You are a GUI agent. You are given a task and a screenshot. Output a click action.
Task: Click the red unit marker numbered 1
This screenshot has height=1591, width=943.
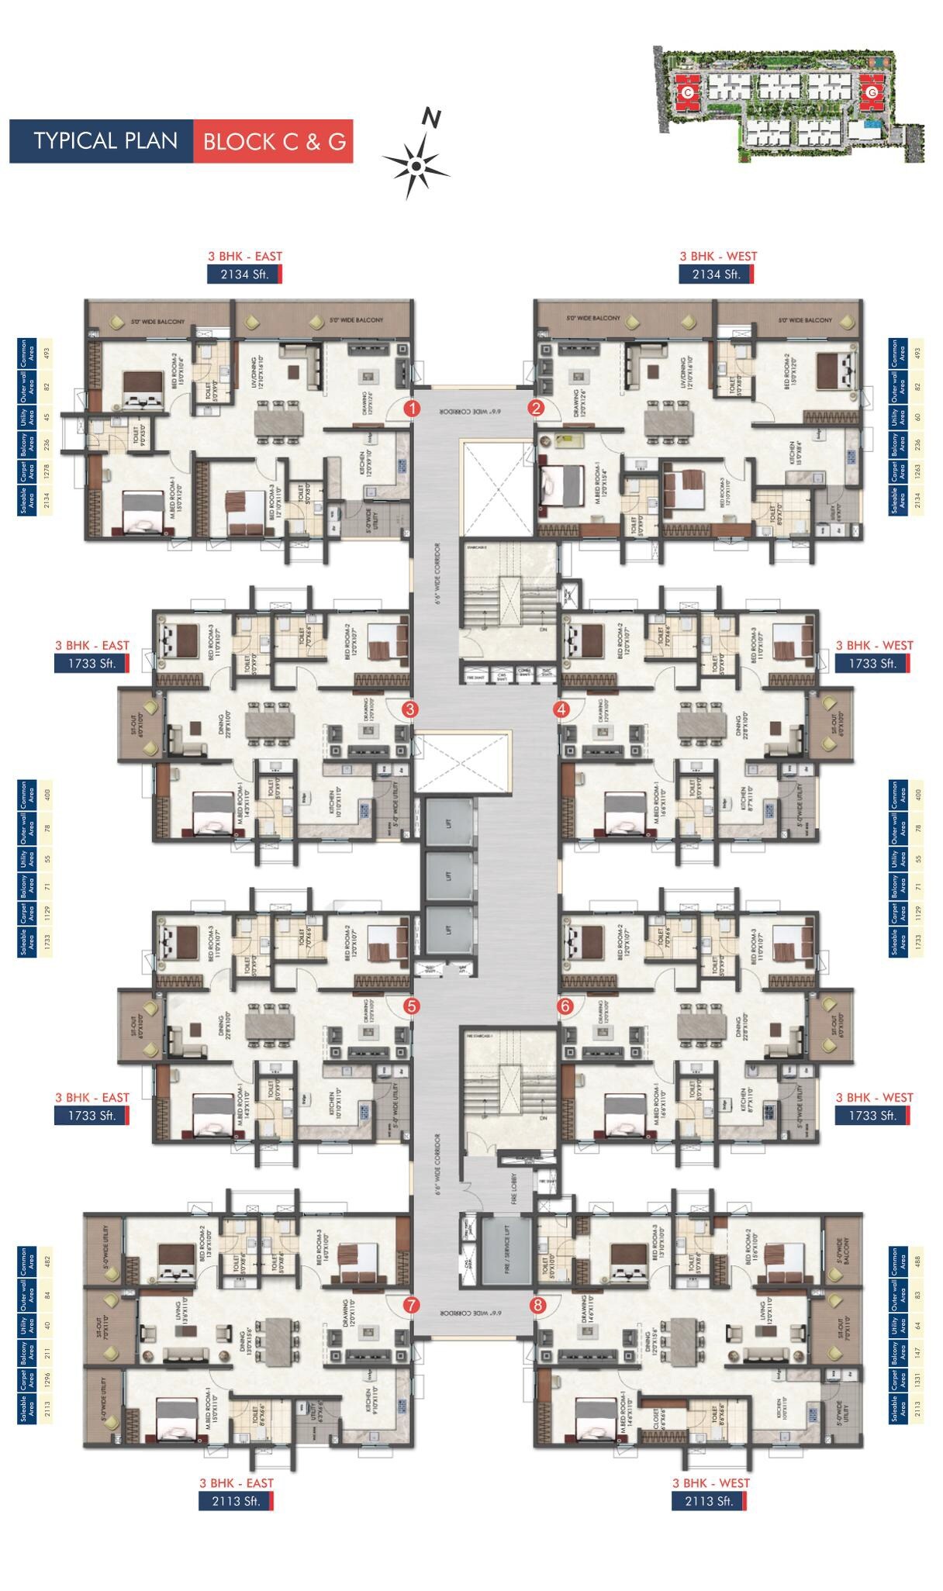pyautogui.click(x=413, y=408)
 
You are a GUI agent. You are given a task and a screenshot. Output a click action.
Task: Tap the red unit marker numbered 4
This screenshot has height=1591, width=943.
pyautogui.click(x=561, y=709)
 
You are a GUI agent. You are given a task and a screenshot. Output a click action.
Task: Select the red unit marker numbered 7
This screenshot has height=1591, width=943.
pyautogui.click(x=411, y=1305)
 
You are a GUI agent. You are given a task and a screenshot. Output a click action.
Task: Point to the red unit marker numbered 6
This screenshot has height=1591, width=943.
pyautogui.click(x=565, y=1006)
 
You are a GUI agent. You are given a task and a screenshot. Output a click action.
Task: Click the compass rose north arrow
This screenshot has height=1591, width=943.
pyautogui.click(x=416, y=164)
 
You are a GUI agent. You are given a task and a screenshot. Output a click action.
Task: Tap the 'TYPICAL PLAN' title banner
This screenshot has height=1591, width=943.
pyautogui.click(x=102, y=141)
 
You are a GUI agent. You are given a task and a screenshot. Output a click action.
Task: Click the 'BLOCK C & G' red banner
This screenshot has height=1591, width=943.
pyautogui.click(x=273, y=141)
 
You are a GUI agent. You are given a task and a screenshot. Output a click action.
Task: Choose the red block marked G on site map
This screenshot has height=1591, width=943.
pyautogui.click(x=872, y=91)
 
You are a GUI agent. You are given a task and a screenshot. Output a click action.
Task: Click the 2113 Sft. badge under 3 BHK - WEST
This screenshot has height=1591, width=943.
pyautogui.click(x=710, y=1501)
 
